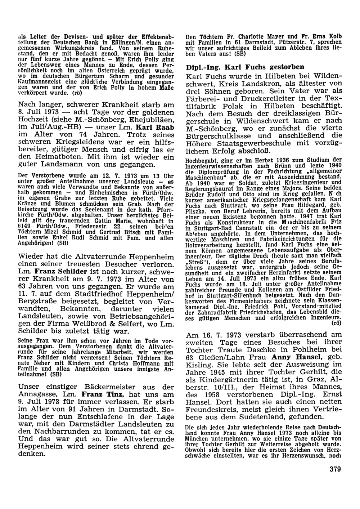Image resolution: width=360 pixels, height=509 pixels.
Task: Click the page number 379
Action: tap(334, 469)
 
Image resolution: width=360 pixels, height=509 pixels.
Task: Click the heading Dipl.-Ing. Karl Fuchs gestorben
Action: tap(245, 67)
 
